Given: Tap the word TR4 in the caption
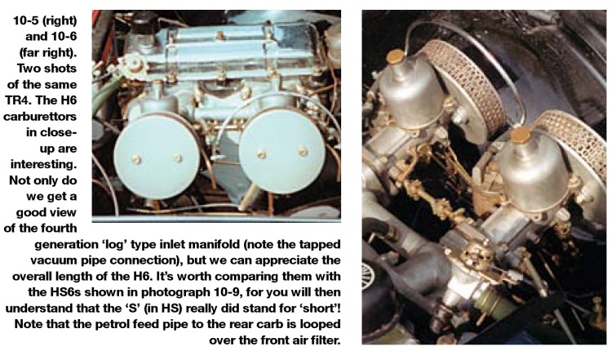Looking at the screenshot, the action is point(18,100).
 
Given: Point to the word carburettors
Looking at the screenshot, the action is point(40,117).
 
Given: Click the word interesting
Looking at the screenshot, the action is point(43,164).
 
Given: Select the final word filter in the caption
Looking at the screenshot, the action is point(323,340).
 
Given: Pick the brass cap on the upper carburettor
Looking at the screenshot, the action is point(396,56).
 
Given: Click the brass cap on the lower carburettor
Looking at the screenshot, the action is point(521,136).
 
